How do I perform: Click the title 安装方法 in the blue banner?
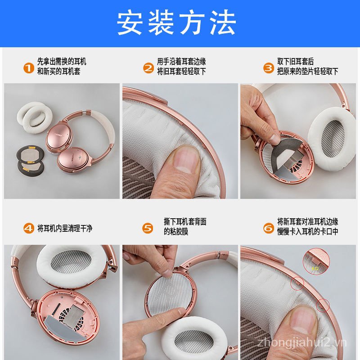pos(176,23)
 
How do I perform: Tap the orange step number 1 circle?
pos(29,68)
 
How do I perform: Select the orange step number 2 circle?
pos(148,68)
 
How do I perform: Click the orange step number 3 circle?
pos(268,68)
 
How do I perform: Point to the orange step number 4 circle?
pos(29,228)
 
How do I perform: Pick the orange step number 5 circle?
pos(148,228)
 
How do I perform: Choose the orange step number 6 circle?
pos(268,228)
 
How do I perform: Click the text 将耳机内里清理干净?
pos(65,229)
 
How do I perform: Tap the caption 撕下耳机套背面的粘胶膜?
pos(185,227)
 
